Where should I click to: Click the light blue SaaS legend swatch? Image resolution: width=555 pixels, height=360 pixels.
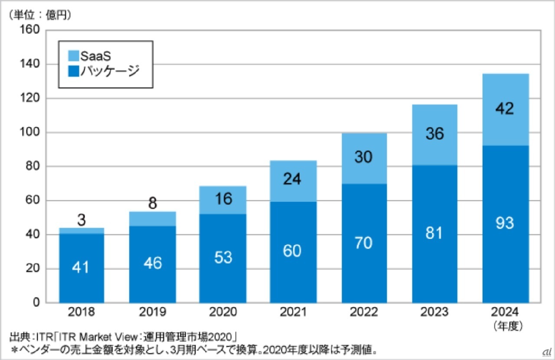tap(74, 56)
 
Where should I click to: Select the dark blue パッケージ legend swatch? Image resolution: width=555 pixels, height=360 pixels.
tap(74, 70)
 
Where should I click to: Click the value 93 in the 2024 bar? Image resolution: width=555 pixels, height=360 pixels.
tap(505, 223)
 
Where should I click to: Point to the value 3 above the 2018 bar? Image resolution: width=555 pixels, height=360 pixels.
tap(81, 221)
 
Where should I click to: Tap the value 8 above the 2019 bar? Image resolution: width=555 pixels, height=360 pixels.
tap(152, 204)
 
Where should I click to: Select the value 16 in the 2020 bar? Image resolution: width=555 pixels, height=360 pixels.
tap(223, 199)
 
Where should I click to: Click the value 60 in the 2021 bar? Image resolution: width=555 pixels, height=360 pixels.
tap(293, 251)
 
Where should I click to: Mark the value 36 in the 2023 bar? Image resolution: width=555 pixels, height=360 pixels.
tap(434, 134)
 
